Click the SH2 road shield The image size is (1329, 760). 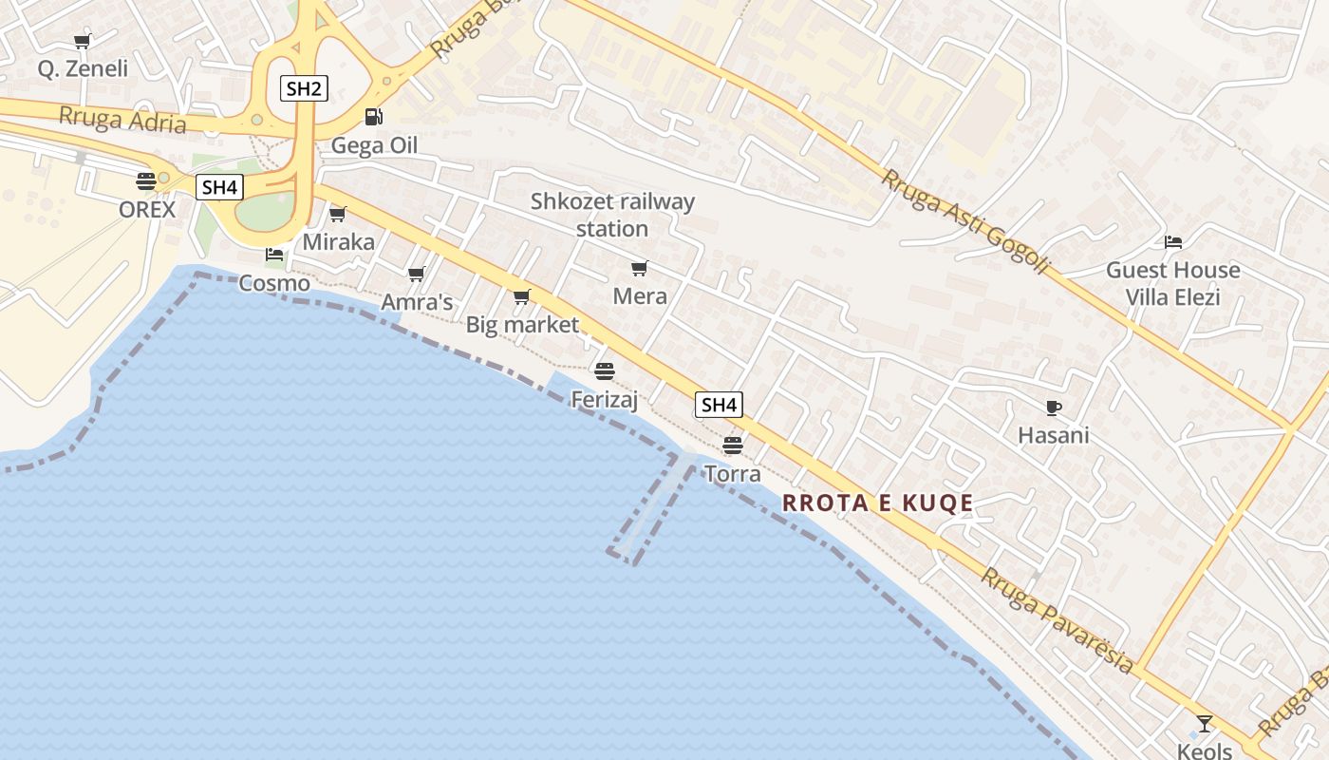pos(304,89)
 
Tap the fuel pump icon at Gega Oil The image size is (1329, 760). pos(374,117)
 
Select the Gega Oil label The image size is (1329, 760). pos(374,146)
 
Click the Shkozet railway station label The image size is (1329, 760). pos(612,215)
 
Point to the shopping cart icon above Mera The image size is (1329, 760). pos(640,268)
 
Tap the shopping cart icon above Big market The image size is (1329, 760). pos(521,297)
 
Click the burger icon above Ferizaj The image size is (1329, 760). pos(605,370)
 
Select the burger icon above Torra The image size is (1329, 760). pos(732,444)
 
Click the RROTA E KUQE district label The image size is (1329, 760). pos(878,503)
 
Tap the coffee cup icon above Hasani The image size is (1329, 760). pos(1053,408)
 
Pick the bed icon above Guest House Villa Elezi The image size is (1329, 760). pos(1173,242)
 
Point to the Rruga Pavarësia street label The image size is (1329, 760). pos(1057,620)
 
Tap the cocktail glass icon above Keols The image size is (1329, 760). pos(1205,724)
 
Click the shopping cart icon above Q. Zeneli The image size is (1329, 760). pos(83,41)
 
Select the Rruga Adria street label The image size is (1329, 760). pos(122,120)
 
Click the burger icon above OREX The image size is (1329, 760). pos(146,180)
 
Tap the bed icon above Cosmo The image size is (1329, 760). pos(274,255)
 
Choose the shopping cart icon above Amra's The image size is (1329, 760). pos(416,274)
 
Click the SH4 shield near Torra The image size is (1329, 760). pos(719,405)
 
